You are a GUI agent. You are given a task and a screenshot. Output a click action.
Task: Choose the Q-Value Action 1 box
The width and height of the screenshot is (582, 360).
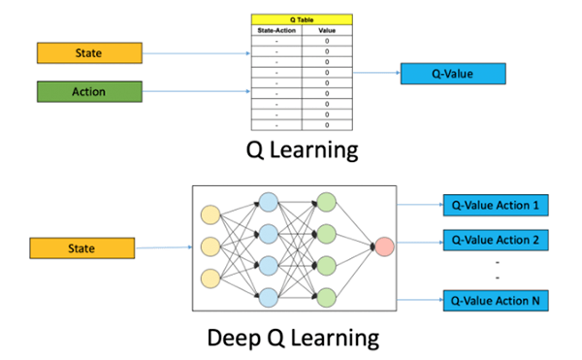click(495, 206)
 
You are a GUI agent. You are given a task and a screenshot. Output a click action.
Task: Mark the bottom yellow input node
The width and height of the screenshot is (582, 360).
click(210, 280)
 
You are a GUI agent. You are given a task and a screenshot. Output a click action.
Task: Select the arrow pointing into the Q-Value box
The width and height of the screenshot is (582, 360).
click(373, 73)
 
